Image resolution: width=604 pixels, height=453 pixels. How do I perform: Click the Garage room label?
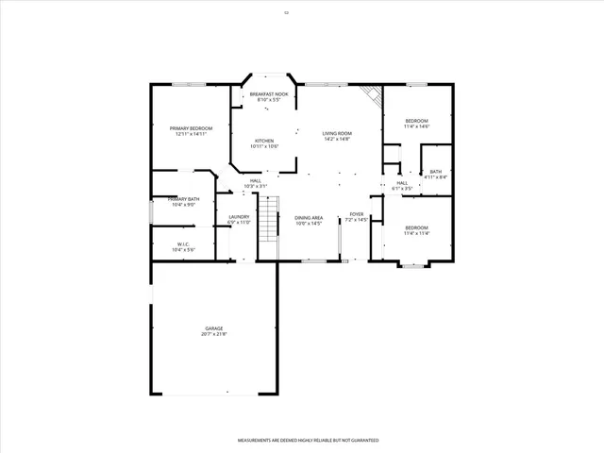213,329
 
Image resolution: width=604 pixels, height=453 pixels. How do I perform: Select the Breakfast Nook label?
269,96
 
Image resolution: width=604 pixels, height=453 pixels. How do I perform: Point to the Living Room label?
337,134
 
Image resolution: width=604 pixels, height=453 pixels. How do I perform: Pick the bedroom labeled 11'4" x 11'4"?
416,229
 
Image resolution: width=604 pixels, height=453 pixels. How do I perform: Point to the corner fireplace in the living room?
374,94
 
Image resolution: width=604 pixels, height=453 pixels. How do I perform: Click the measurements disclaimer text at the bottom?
308,441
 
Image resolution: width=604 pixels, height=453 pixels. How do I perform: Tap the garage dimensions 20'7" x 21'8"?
213,334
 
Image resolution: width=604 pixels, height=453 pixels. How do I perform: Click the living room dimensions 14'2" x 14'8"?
337,139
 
